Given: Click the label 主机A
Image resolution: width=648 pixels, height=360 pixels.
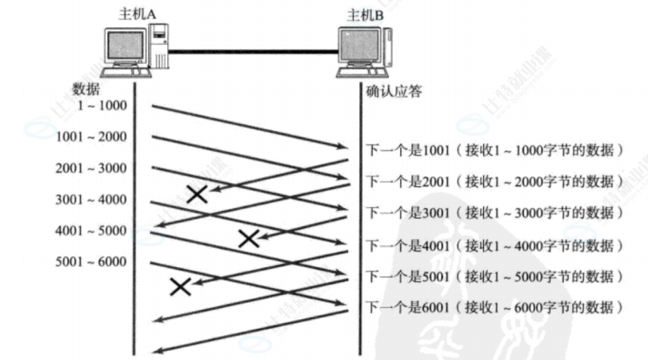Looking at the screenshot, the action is coord(137,14).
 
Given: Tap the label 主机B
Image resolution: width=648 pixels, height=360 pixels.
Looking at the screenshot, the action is coord(365,15).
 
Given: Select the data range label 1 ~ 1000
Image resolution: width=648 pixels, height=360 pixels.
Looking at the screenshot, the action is coord(102,105).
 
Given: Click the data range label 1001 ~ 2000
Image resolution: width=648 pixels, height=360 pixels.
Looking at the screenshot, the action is coord(91,136).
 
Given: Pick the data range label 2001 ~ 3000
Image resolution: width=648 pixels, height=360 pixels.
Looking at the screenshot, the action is coord(91,168).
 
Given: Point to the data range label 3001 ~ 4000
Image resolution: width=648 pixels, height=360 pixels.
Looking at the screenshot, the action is coord(91,199).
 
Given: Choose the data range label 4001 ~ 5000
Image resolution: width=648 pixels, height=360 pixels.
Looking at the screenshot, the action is coord(91,230).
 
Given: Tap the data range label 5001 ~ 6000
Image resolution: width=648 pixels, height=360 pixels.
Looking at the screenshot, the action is coord(91,261).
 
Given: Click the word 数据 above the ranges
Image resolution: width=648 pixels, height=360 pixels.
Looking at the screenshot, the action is coord(86,88).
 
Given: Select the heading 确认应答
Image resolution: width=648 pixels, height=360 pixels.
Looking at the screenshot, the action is coord(394,91).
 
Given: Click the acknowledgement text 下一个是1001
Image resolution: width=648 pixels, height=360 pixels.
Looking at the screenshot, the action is coord(408,150).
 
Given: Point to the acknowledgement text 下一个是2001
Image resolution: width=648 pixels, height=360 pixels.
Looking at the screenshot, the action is coord(408,182).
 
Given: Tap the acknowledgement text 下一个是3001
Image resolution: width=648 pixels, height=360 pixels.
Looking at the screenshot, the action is coord(408,213).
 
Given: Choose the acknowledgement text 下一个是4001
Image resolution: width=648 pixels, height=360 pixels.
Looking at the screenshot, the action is coord(408,246).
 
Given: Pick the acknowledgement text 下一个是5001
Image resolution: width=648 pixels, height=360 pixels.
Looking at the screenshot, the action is coord(408,276).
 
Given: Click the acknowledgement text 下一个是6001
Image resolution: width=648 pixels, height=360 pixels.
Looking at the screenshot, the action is coord(408,307).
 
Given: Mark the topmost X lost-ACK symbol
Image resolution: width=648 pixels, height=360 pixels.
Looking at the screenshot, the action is coord(197,194).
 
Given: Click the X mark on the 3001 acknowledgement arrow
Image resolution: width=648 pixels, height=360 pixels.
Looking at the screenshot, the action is coord(249,239).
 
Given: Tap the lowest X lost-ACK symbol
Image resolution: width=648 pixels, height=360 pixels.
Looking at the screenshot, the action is coord(181,287).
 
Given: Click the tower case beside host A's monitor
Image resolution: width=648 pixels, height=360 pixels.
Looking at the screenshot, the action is coord(158,46).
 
